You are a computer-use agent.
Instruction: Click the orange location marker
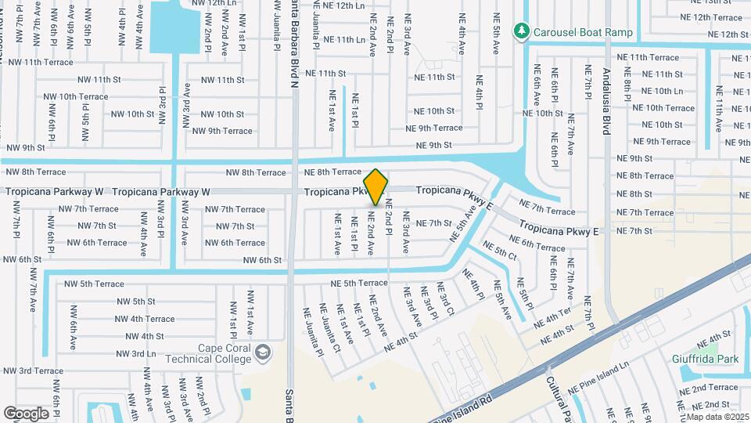376,186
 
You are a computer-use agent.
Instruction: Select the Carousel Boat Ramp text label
583,32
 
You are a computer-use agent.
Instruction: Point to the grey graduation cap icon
263,352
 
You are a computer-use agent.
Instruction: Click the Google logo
26,413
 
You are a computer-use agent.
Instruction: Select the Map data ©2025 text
717,416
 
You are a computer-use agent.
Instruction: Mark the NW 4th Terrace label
145,319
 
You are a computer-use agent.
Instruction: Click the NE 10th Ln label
656,91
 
